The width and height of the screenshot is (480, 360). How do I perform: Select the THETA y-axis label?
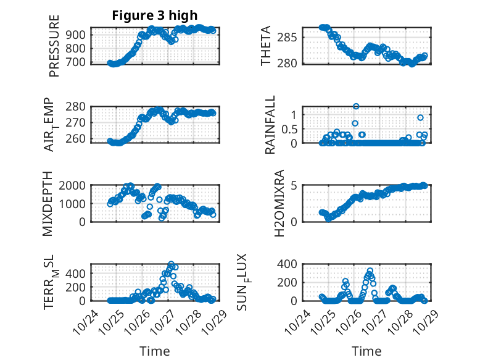(266, 46)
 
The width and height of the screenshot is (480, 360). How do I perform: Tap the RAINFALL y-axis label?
(270, 125)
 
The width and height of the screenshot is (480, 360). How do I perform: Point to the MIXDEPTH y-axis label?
(48, 204)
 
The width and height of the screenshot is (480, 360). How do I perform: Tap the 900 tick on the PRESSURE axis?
(78, 35)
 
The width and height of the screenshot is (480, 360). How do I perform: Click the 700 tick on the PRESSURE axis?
(78, 62)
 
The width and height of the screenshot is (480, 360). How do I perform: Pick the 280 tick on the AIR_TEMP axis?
(78, 106)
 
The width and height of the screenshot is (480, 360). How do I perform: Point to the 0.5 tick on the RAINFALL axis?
(289, 129)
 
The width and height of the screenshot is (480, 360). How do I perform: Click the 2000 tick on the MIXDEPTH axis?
(75, 185)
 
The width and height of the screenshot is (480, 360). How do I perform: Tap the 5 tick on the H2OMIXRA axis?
(295, 185)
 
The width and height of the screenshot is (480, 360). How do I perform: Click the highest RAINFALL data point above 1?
(356, 106)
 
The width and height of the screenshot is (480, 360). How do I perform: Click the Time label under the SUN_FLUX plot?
(366, 351)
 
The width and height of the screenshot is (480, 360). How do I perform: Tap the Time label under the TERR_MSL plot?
(154, 351)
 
